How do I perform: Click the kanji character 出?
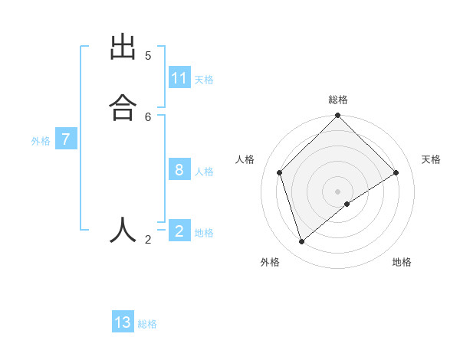[122, 47]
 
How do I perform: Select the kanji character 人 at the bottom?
[122, 230]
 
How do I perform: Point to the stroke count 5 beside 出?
[148, 55]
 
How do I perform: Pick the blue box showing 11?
[179, 78]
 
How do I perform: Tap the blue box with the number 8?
[179, 170]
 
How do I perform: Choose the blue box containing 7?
[66, 139]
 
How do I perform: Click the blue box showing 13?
[123, 322]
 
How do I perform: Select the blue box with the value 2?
[179, 231]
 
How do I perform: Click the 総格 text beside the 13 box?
[147, 324]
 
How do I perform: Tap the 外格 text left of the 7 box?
[41, 141]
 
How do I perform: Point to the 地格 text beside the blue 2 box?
[204, 233]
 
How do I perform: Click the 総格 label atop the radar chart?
[338, 100]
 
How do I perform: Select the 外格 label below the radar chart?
[270, 262]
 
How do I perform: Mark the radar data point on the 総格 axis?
[337, 116]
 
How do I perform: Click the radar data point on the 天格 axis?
[396, 172]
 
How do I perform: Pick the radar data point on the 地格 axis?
[347, 204]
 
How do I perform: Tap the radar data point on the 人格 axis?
[280, 172]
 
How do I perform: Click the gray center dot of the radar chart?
[337, 191]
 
